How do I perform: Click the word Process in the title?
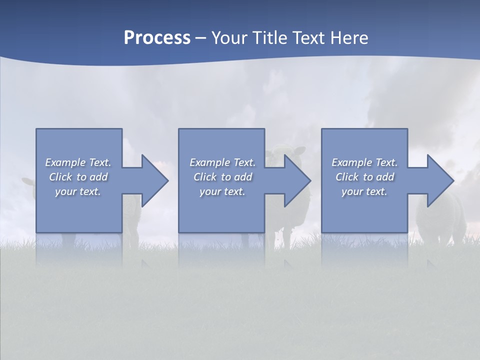[x=157, y=38]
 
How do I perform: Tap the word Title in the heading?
[x=270, y=38]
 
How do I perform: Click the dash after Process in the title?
[x=200, y=39]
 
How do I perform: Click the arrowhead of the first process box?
[x=154, y=180]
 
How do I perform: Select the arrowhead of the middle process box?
[x=297, y=180]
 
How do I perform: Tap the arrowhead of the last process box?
[x=440, y=180]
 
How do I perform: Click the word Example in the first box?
[x=66, y=162]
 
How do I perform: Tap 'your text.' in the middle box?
[x=222, y=191]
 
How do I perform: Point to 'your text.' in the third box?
[x=364, y=191]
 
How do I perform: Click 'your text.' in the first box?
[x=78, y=191]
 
